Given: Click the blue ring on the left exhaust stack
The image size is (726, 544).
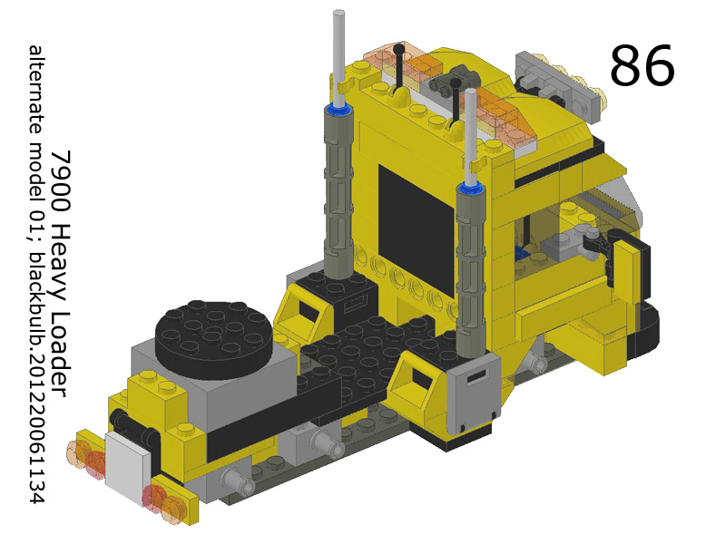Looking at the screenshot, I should coord(340,110).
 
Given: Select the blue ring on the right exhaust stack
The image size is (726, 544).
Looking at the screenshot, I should coord(471,189).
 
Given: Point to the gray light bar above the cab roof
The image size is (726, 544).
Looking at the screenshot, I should coord(555,77).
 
